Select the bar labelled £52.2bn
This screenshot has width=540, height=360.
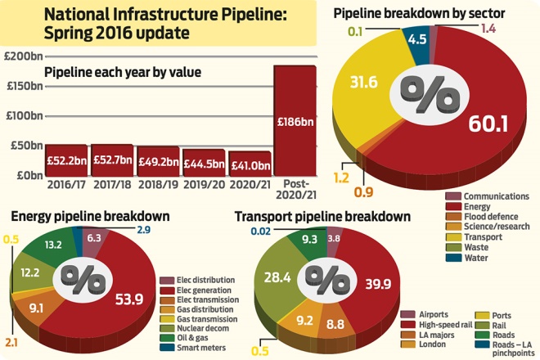[x=65, y=160]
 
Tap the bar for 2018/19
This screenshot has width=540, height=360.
[x=156, y=161]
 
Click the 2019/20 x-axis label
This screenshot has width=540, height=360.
[x=203, y=186]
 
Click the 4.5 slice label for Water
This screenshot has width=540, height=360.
[x=417, y=38]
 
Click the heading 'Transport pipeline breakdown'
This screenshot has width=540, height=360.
[x=322, y=217]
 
